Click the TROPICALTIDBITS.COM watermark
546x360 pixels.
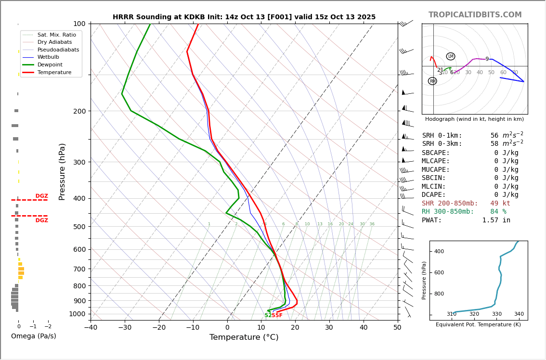475,15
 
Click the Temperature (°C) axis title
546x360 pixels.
244,337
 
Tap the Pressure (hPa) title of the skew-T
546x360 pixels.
62,171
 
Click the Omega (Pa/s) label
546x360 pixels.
33,336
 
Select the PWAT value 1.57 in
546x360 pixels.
496,220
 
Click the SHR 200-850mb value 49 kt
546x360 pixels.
500,204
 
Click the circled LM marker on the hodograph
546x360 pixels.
451,56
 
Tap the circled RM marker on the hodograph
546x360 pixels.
432,81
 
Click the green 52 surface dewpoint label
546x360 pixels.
268,315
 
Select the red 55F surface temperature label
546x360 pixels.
277,315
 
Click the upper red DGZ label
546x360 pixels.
42,196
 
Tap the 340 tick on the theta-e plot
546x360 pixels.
519,314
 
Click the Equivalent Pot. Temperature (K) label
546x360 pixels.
478,324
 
